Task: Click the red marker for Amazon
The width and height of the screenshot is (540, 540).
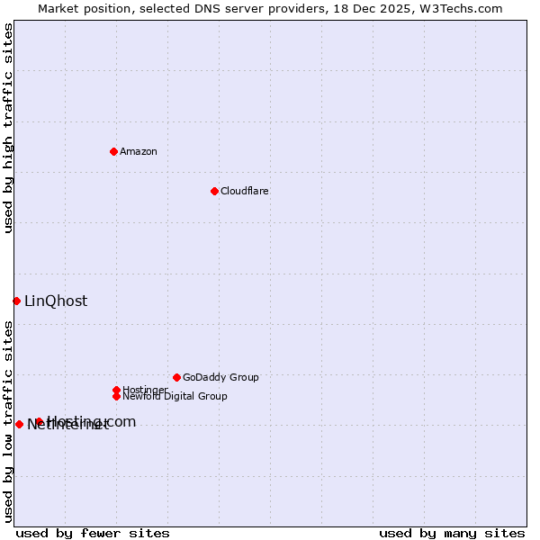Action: click(x=113, y=151)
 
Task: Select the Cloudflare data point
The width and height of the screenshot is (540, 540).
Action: click(x=214, y=191)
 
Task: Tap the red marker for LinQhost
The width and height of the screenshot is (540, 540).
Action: click(x=16, y=301)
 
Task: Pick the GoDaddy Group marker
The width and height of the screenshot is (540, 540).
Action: click(x=176, y=377)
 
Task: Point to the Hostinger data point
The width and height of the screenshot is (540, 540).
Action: click(x=116, y=390)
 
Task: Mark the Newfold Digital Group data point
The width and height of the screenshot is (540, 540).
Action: click(x=116, y=396)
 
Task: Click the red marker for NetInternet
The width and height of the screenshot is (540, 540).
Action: click(x=19, y=424)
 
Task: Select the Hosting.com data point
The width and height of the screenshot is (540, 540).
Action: click(x=39, y=421)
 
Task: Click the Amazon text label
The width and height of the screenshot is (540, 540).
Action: click(x=139, y=151)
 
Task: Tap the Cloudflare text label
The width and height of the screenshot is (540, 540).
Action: click(x=245, y=191)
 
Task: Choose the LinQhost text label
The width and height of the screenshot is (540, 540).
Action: click(x=56, y=301)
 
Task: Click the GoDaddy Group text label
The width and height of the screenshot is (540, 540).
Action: click(x=220, y=377)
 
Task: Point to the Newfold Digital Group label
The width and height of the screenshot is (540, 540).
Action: click(x=175, y=396)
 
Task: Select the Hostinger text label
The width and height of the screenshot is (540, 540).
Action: click(x=145, y=390)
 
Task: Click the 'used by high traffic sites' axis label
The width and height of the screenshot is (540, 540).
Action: click(x=8, y=128)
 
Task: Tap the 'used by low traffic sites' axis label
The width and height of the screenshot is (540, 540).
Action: click(x=8, y=420)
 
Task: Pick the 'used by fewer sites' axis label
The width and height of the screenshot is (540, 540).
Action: click(x=93, y=533)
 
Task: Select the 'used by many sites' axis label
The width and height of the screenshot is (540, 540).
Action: click(x=452, y=533)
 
